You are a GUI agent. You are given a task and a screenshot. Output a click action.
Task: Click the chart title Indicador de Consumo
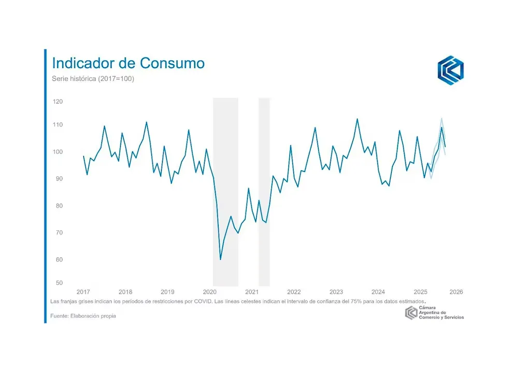point(128,63)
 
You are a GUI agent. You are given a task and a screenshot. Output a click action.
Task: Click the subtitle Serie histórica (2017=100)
point(93,79)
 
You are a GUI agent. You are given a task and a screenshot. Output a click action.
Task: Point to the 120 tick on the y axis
point(58,102)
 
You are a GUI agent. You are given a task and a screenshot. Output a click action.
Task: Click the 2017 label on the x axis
point(83,292)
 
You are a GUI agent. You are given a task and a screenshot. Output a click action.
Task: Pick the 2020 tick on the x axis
point(210,292)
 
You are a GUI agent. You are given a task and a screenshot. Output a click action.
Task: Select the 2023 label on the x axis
point(336,292)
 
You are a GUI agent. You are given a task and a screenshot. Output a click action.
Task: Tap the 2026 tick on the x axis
point(456,292)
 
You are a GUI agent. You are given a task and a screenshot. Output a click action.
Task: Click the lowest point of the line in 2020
point(220,259)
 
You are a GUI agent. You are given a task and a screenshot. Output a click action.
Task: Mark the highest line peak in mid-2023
point(357,119)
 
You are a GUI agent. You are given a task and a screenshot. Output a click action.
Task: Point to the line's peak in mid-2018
point(147,122)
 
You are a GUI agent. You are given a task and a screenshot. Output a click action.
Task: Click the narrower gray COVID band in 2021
point(264,192)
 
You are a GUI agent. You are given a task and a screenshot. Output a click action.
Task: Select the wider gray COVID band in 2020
point(225,192)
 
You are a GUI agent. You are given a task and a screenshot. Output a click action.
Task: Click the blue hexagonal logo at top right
point(450,70)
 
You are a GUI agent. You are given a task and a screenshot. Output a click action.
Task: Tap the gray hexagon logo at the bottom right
point(411,313)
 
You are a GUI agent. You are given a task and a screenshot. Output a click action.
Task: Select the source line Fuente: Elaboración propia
point(83,316)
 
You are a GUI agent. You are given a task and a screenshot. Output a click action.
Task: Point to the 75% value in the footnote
point(363,301)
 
